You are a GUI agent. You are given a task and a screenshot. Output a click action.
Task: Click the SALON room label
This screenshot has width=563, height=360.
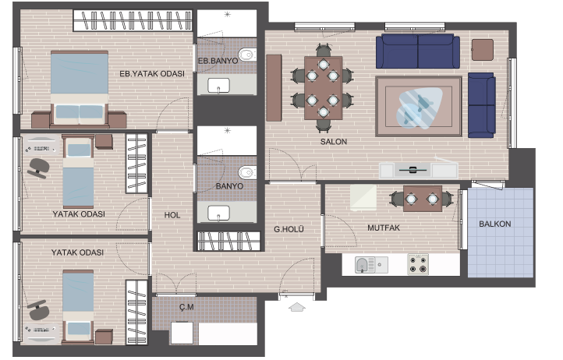pyautogui.click(x=334, y=142)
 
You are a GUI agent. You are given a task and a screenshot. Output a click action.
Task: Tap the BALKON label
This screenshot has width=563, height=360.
pyautogui.click(x=495, y=224)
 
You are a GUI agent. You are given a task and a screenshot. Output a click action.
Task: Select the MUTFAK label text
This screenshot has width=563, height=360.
pyautogui.click(x=384, y=228)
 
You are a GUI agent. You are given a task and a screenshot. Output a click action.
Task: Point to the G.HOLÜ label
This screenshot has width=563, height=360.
pyautogui.click(x=289, y=229)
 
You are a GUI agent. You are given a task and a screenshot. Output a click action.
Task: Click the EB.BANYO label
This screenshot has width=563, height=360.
pyautogui.click(x=218, y=61)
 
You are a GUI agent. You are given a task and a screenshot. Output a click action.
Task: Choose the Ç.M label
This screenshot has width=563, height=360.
pyautogui.click(x=186, y=307)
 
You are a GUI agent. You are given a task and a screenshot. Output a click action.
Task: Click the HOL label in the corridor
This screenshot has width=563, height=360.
pyautogui.click(x=172, y=215)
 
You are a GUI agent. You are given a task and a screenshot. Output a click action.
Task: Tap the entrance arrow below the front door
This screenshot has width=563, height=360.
pyautogui.click(x=297, y=307)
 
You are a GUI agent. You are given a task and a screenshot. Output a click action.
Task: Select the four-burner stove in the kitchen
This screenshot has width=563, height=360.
pyautogui.click(x=418, y=264)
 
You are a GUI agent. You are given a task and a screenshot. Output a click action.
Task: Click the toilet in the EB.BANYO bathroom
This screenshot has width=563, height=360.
pyautogui.click(x=247, y=55)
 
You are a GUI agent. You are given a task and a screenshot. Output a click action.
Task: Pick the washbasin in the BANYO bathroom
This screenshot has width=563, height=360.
pyautogui.click(x=218, y=213)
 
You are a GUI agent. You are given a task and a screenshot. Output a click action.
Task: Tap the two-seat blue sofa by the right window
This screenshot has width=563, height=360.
pyautogui.click(x=481, y=105)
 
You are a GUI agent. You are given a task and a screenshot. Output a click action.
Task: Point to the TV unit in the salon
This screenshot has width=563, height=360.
pyautogui.click(x=419, y=170)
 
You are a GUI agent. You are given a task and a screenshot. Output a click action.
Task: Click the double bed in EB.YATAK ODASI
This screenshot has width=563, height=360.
pyautogui.click(x=80, y=89)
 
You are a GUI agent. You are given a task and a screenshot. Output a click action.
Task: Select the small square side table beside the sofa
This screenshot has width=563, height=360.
pyautogui.click(x=482, y=50)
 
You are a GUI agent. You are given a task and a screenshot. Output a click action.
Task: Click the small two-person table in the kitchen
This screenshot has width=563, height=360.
pyautogui.click(x=423, y=199)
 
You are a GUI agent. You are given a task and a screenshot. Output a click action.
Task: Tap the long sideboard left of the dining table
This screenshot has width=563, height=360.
pyautogui.click(x=274, y=87)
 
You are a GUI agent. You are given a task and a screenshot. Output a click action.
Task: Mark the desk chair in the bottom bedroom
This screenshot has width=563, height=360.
pyautogui.click(x=38, y=310)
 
